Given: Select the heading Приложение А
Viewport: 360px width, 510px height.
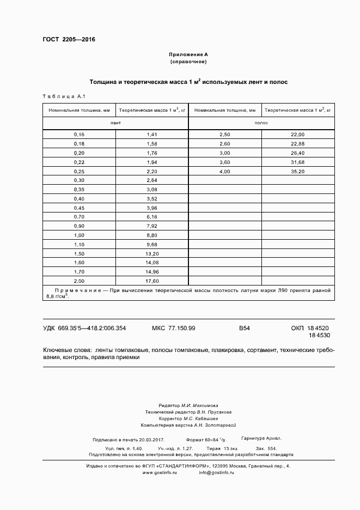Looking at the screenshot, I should point(188,54).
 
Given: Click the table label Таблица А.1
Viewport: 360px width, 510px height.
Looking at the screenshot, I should point(63,96).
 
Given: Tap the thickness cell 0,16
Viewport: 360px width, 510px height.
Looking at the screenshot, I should point(80,134).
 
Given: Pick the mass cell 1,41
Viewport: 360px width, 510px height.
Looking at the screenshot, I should point(152,134).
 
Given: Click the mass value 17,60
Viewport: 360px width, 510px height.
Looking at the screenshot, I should point(152,281).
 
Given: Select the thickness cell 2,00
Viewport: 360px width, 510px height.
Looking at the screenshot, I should point(80,281).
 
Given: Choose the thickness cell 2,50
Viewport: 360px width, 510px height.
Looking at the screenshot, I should point(224,134).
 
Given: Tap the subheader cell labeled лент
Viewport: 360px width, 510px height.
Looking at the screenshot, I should point(115,123).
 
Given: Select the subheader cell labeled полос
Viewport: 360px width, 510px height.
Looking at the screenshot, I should point(261,123).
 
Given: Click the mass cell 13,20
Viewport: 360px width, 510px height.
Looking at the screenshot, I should point(152,253).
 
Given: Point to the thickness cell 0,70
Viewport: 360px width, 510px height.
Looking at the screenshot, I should point(80,217).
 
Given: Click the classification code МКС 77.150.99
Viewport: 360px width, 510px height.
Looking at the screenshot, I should point(173,328).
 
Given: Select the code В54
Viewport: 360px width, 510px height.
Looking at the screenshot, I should point(244,328).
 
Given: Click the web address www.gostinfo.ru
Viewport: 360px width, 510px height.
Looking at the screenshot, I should point(161,472).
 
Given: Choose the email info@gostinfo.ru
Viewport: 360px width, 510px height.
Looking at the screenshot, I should point(216,472).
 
